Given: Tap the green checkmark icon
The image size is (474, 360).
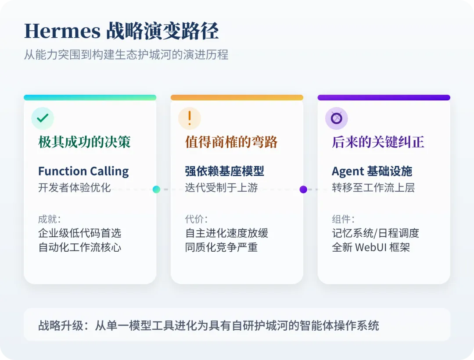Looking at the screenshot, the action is click(x=43, y=118).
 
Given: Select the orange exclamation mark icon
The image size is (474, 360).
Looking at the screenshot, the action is click(x=190, y=118).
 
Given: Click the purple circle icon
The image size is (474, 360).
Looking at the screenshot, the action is click(x=336, y=118).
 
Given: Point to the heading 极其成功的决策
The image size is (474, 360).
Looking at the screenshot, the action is click(x=84, y=142).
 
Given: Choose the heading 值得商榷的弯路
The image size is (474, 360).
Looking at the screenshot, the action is click(x=231, y=142).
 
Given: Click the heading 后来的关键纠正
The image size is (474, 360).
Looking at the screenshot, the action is click(x=378, y=142).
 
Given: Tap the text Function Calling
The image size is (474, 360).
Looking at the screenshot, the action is click(x=83, y=171).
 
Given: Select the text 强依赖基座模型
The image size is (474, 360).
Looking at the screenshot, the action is click(x=224, y=171).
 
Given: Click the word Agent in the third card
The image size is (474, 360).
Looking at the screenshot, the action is click(x=348, y=171).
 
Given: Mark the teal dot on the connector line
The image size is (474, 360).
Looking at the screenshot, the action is click(x=156, y=189).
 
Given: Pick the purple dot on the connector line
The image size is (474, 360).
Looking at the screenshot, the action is click(x=303, y=189).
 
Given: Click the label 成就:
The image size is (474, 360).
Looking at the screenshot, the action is click(x=49, y=219).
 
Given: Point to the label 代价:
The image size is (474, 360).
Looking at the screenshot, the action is click(x=196, y=219).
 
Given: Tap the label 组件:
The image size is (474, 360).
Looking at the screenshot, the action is click(x=343, y=219).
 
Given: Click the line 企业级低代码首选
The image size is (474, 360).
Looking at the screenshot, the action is click(x=79, y=233).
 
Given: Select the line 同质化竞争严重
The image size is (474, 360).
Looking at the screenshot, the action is click(x=221, y=247).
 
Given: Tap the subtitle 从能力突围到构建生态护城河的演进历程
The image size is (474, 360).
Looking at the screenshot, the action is click(x=126, y=55).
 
